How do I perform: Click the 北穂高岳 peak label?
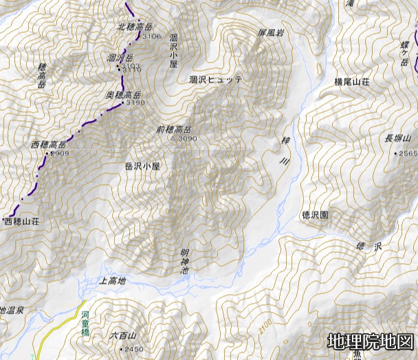134,27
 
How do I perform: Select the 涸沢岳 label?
120,58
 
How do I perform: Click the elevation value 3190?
135,103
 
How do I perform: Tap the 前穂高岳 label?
173,129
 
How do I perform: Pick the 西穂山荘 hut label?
23,223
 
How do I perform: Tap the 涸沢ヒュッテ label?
216,80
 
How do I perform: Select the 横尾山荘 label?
351,81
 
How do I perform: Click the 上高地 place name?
113,280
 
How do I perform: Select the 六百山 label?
124,336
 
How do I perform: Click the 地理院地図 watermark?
371,341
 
